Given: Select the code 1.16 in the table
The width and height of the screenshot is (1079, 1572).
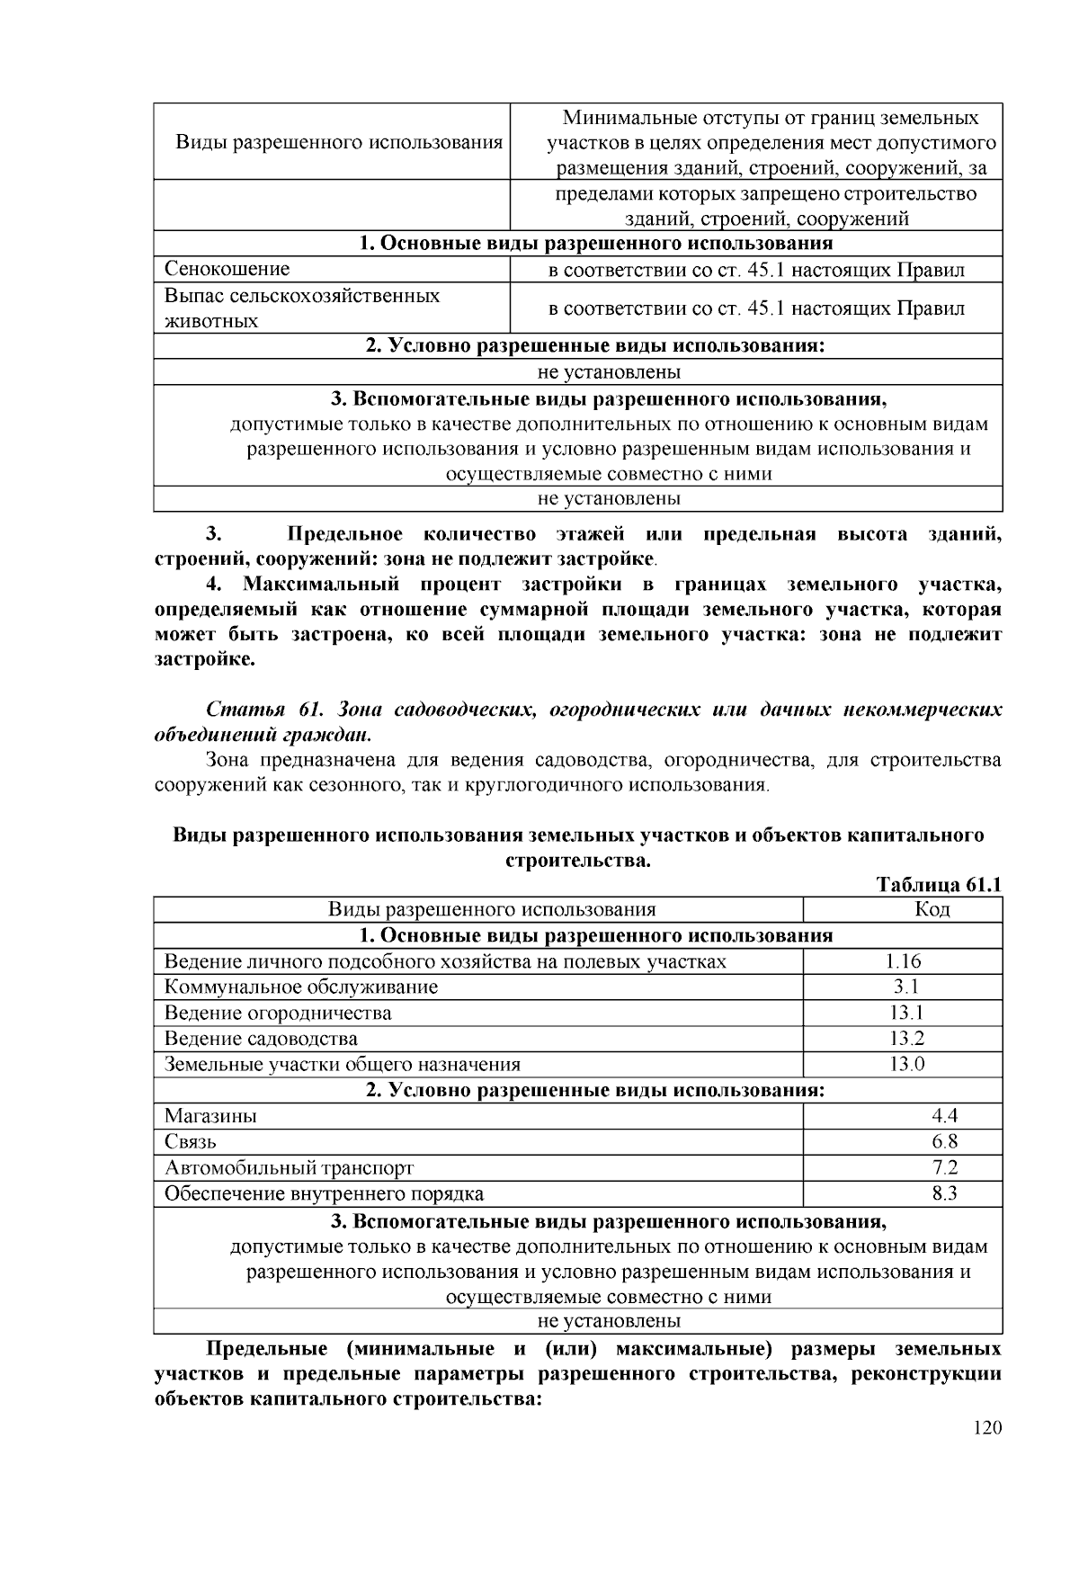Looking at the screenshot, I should pyautogui.click(x=902, y=961).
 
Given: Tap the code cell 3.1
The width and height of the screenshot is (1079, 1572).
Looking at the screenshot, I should pyautogui.click(x=902, y=987).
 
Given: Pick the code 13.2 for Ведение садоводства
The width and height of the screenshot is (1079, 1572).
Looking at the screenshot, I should pyautogui.click(x=902, y=1039).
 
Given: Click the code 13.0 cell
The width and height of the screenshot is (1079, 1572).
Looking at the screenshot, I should pyautogui.click(x=902, y=1065).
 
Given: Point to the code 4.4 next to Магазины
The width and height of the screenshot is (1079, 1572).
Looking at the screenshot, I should pyautogui.click(x=944, y=1116).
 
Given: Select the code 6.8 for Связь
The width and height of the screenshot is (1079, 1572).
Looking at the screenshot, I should pyautogui.click(x=944, y=1142).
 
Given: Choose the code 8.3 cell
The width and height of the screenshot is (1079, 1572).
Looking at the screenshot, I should pyautogui.click(x=944, y=1194).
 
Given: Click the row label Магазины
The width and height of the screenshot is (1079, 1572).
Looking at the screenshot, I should pyautogui.click(x=210, y=1116).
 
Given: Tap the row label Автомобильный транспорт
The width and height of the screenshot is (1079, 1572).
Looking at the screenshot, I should pyautogui.click(x=289, y=1168).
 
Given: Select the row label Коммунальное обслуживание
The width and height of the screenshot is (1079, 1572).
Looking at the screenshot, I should pyautogui.click(x=300, y=987).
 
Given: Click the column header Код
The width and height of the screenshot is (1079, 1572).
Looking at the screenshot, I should pyautogui.click(x=932, y=909).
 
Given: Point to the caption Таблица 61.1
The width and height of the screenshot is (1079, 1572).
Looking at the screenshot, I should pyautogui.click(x=938, y=885).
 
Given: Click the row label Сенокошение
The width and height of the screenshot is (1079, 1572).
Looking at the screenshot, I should pyautogui.click(x=227, y=269).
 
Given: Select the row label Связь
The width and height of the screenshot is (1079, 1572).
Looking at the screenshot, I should pyautogui.click(x=191, y=1142).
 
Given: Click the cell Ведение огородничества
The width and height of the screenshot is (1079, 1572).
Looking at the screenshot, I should pyautogui.click(x=278, y=1013).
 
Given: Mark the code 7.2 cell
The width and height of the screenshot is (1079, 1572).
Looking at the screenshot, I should pyautogui.click(x=944, y=1168).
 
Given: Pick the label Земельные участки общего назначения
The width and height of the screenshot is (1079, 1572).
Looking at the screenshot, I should pyautogui.click(x=342, y=1065).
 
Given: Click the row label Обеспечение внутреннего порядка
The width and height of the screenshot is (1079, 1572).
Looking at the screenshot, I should pyautogui.click(x=324, y=1194).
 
